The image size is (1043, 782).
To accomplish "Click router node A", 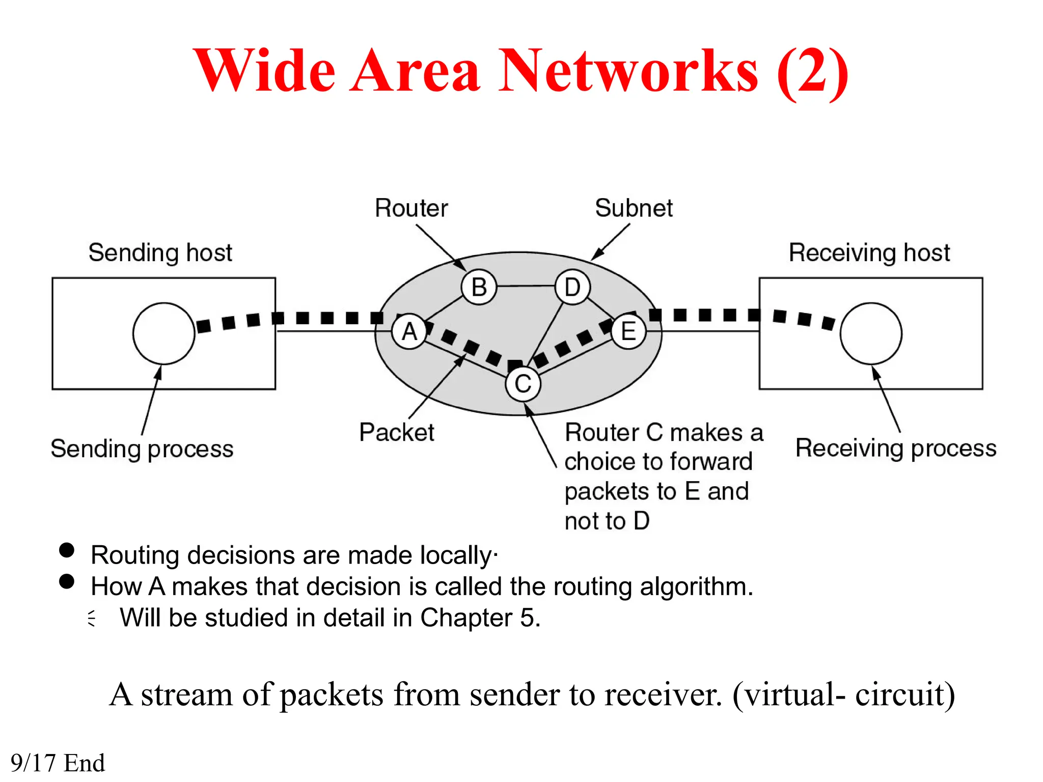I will pos(409,332).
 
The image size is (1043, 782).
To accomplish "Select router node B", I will pos(479,287).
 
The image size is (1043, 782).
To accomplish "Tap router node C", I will pos(523,384).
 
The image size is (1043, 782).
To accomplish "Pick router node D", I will pos(572,287).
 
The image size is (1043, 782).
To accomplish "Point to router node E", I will pos(628,332).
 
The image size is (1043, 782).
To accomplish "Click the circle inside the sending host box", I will pos(163,333).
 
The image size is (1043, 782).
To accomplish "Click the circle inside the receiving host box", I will pos(871,333).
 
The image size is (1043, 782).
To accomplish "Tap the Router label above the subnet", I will pos(411,208).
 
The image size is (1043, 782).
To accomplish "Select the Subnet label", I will pos(634,208).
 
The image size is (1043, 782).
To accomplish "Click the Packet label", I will pos(396,432).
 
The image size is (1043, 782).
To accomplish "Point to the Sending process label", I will pos(142,449).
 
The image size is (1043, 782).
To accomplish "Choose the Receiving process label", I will pos(895,449).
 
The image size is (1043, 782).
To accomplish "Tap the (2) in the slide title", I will pos(813,71).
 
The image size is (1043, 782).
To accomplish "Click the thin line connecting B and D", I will pos(526,286).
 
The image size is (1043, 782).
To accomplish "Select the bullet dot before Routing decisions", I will pos(67,550).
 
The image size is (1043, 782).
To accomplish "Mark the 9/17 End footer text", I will pos(58,763).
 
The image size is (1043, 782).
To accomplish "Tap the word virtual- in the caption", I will pos(789,694).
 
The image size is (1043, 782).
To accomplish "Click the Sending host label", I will pos(160,253).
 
